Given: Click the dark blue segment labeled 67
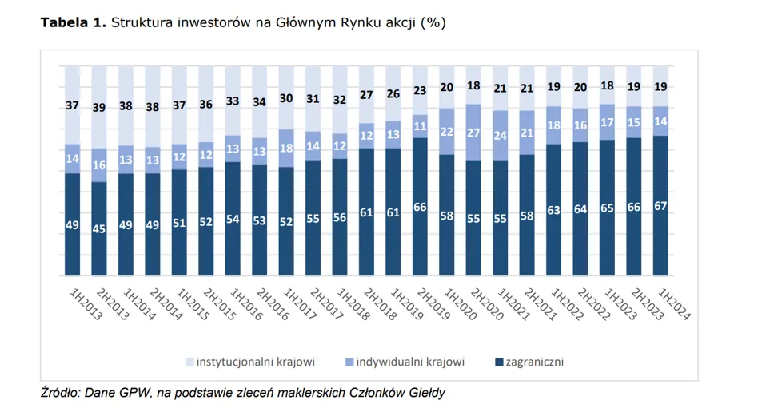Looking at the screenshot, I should [x=661, y=205].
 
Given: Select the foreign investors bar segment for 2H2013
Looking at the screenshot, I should [x=99, y=228].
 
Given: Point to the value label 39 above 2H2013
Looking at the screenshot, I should [x=99, y=108].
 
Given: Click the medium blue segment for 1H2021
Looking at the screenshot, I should [x=501, y=136].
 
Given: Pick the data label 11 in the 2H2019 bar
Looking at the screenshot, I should [x=420, y=126].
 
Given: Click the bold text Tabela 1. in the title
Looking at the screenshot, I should [x=73, y=23].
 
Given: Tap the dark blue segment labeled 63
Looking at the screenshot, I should [x=554, y=211].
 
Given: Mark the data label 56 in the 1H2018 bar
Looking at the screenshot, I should [x=340, y=217].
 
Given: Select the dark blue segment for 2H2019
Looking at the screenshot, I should [x=420, y=206].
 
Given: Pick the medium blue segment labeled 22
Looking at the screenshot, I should [x=447, y=132].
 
